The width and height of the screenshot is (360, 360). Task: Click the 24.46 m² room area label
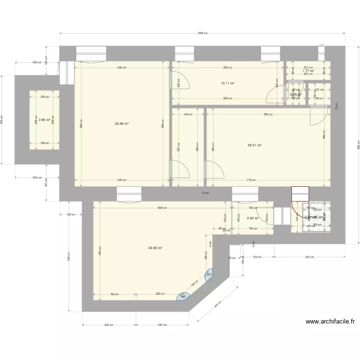(x=121, y=123)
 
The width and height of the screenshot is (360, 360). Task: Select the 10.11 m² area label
(x=228, y=83)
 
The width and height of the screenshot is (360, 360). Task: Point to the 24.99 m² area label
(x=155, y=248)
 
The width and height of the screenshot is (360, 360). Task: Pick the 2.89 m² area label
(x=252, y=218)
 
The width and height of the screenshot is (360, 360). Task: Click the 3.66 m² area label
(x=44, y=120)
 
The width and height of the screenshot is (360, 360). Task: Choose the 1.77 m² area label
(x=308, y=71)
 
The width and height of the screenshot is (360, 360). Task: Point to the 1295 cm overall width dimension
(x=202, y=33)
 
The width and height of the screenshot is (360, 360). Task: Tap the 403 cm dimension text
(x=2, y=119)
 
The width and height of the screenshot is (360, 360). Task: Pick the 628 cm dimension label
(x=162, y=208)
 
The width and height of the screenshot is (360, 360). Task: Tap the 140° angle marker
(x=183, y=296)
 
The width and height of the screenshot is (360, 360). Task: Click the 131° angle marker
(x=209, y=275)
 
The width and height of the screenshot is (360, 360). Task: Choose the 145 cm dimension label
(x=188, y=114)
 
